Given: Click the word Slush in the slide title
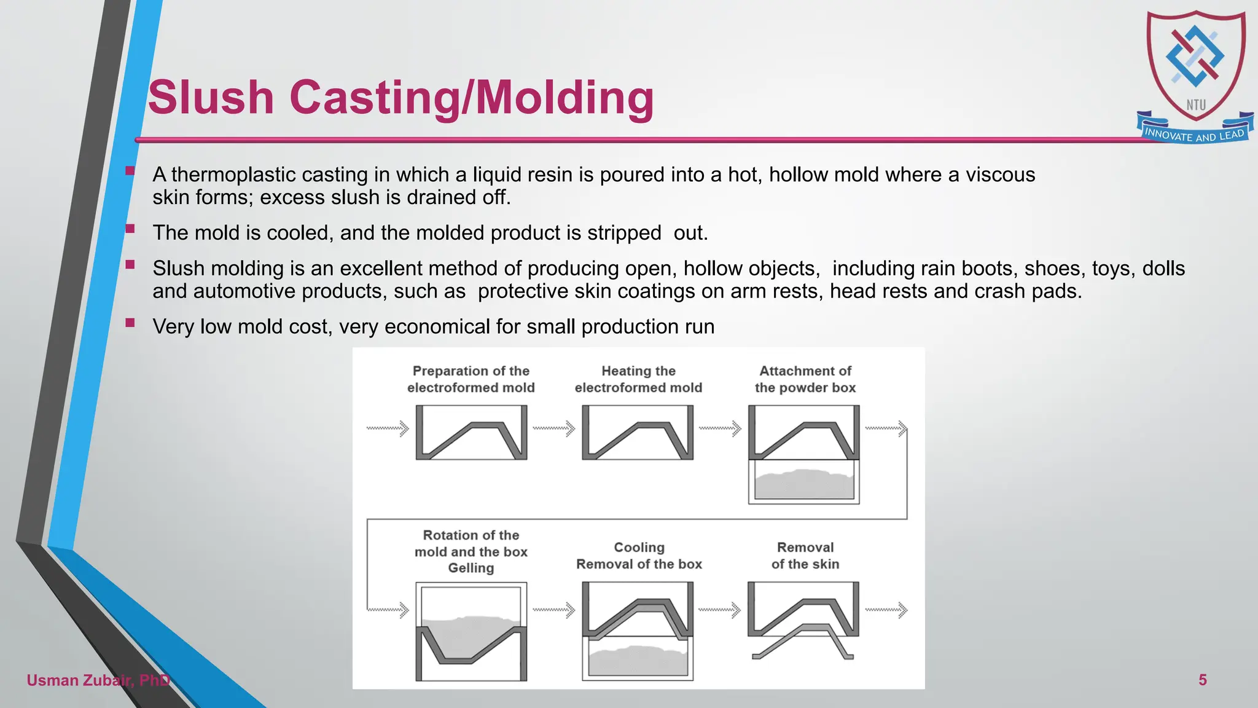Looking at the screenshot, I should (211, 98).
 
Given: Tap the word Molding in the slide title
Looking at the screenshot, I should (565, 98).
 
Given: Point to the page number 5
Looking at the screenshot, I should (1202, 680).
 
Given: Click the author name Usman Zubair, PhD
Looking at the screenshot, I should (98, 680).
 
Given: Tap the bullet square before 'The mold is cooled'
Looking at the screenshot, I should (130, 229).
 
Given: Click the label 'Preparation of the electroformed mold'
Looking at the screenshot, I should (471, 379).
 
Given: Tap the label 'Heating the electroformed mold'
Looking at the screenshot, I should (638, 379).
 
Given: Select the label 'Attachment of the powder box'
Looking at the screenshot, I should (805, 379).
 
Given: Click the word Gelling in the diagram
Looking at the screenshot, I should (471, 568).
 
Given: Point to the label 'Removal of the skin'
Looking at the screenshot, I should (805, 556).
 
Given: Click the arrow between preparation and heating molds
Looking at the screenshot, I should (553, 428).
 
